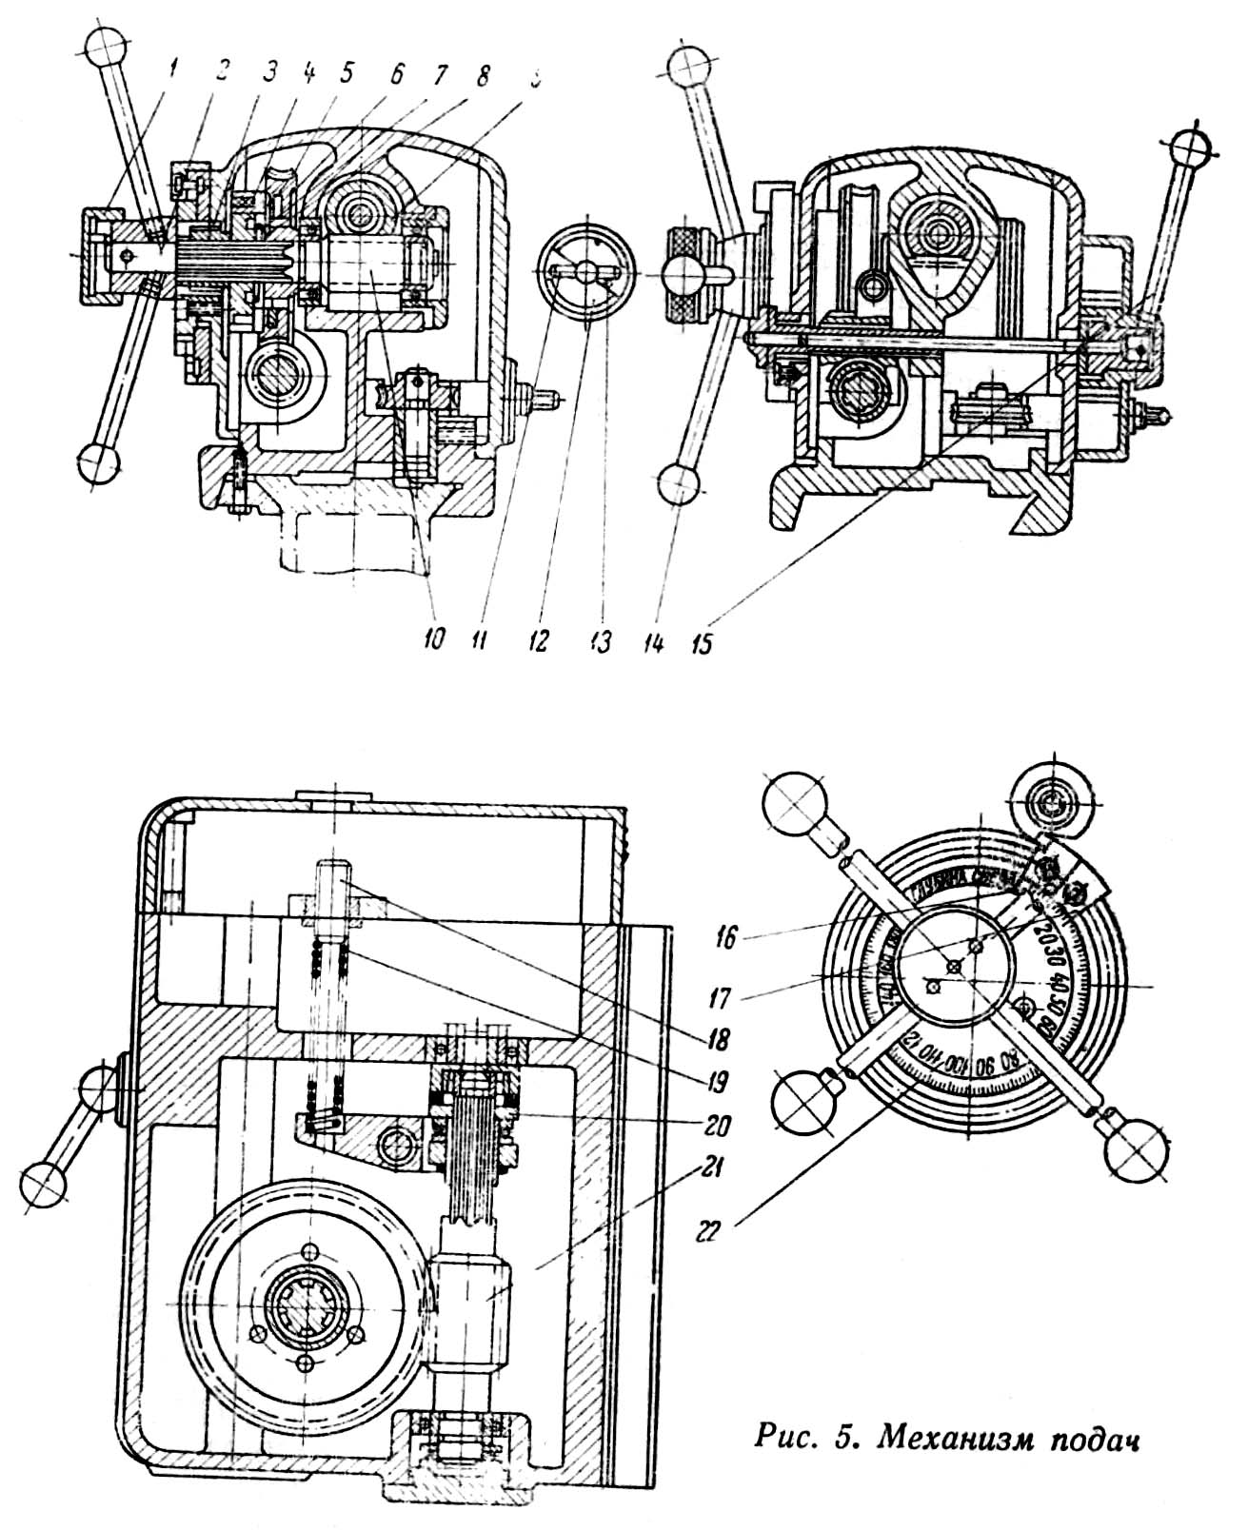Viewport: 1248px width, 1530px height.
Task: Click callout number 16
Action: [725, 938]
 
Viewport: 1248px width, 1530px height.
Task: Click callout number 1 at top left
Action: [170, 69]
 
